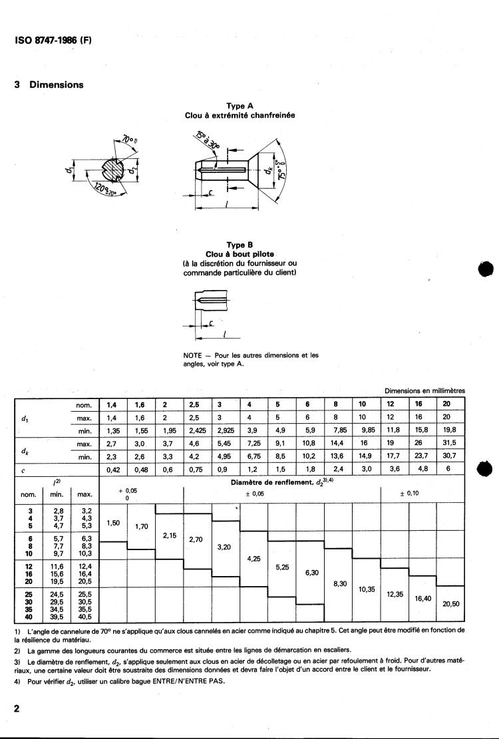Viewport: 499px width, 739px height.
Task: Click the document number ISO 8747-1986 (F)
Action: [53, 40]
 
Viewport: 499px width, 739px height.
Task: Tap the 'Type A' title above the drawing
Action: [240, 106]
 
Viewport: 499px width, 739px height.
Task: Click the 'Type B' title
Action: [240, 245]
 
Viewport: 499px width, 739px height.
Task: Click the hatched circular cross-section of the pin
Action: [108, 172]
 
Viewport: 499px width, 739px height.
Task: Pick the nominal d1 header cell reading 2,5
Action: [194, 404]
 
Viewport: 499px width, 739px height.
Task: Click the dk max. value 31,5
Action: [450, 443]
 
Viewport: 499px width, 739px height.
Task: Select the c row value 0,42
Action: [112, 468]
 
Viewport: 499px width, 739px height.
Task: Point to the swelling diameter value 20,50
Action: [450, 604]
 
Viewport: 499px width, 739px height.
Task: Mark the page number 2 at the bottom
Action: [17, 709]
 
